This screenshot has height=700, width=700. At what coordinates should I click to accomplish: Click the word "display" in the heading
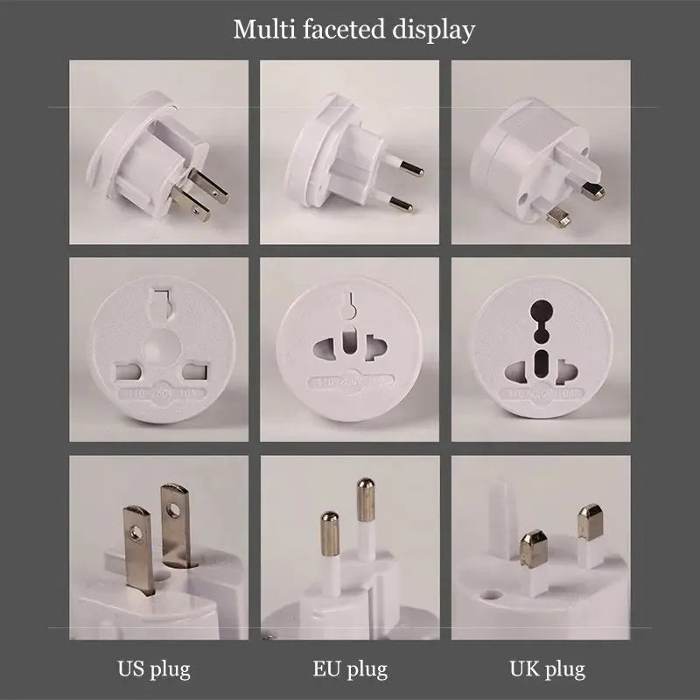[x=430, y=30]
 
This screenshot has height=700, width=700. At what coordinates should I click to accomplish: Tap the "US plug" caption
[x=154, y=670]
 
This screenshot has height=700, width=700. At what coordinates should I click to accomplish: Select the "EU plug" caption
[x=350, y=670]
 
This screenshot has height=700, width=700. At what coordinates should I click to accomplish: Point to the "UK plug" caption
[x=547, y=670]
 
